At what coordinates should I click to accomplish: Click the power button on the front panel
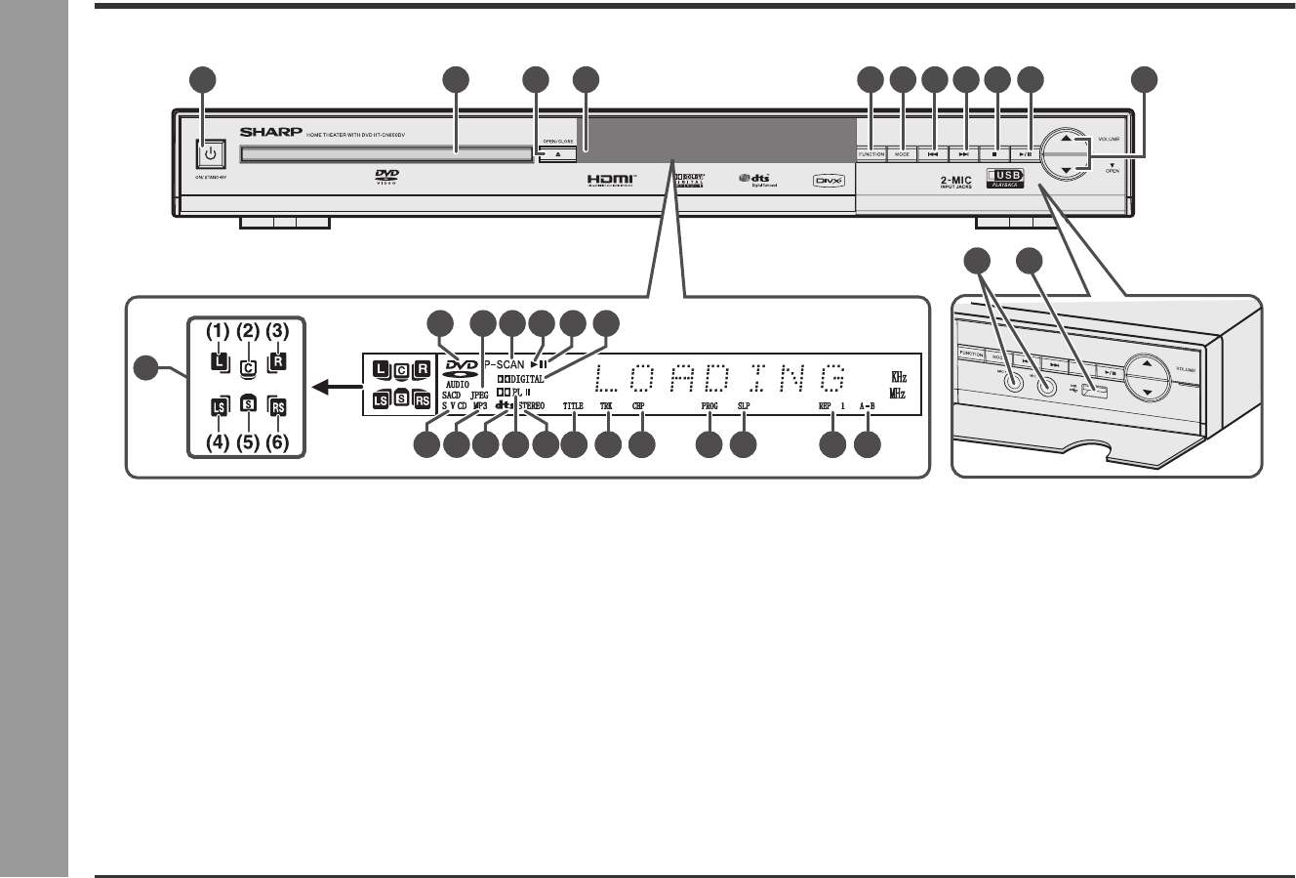pyautogui.click(x=210, y=154)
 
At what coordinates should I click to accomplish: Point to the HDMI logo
pyautogui.click(x=611, y=180)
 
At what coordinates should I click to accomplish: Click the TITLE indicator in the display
pyautogui.click(x=573, y=404)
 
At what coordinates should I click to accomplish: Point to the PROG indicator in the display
pyautogui.click(x=709, y=404)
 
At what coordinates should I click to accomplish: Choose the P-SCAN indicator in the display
pyautogui.click(x=505, y=364)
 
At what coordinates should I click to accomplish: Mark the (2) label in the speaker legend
pyautogui.click(x=248, y=331)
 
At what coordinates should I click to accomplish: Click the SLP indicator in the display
pyautogui.click(x=743, y=404)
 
